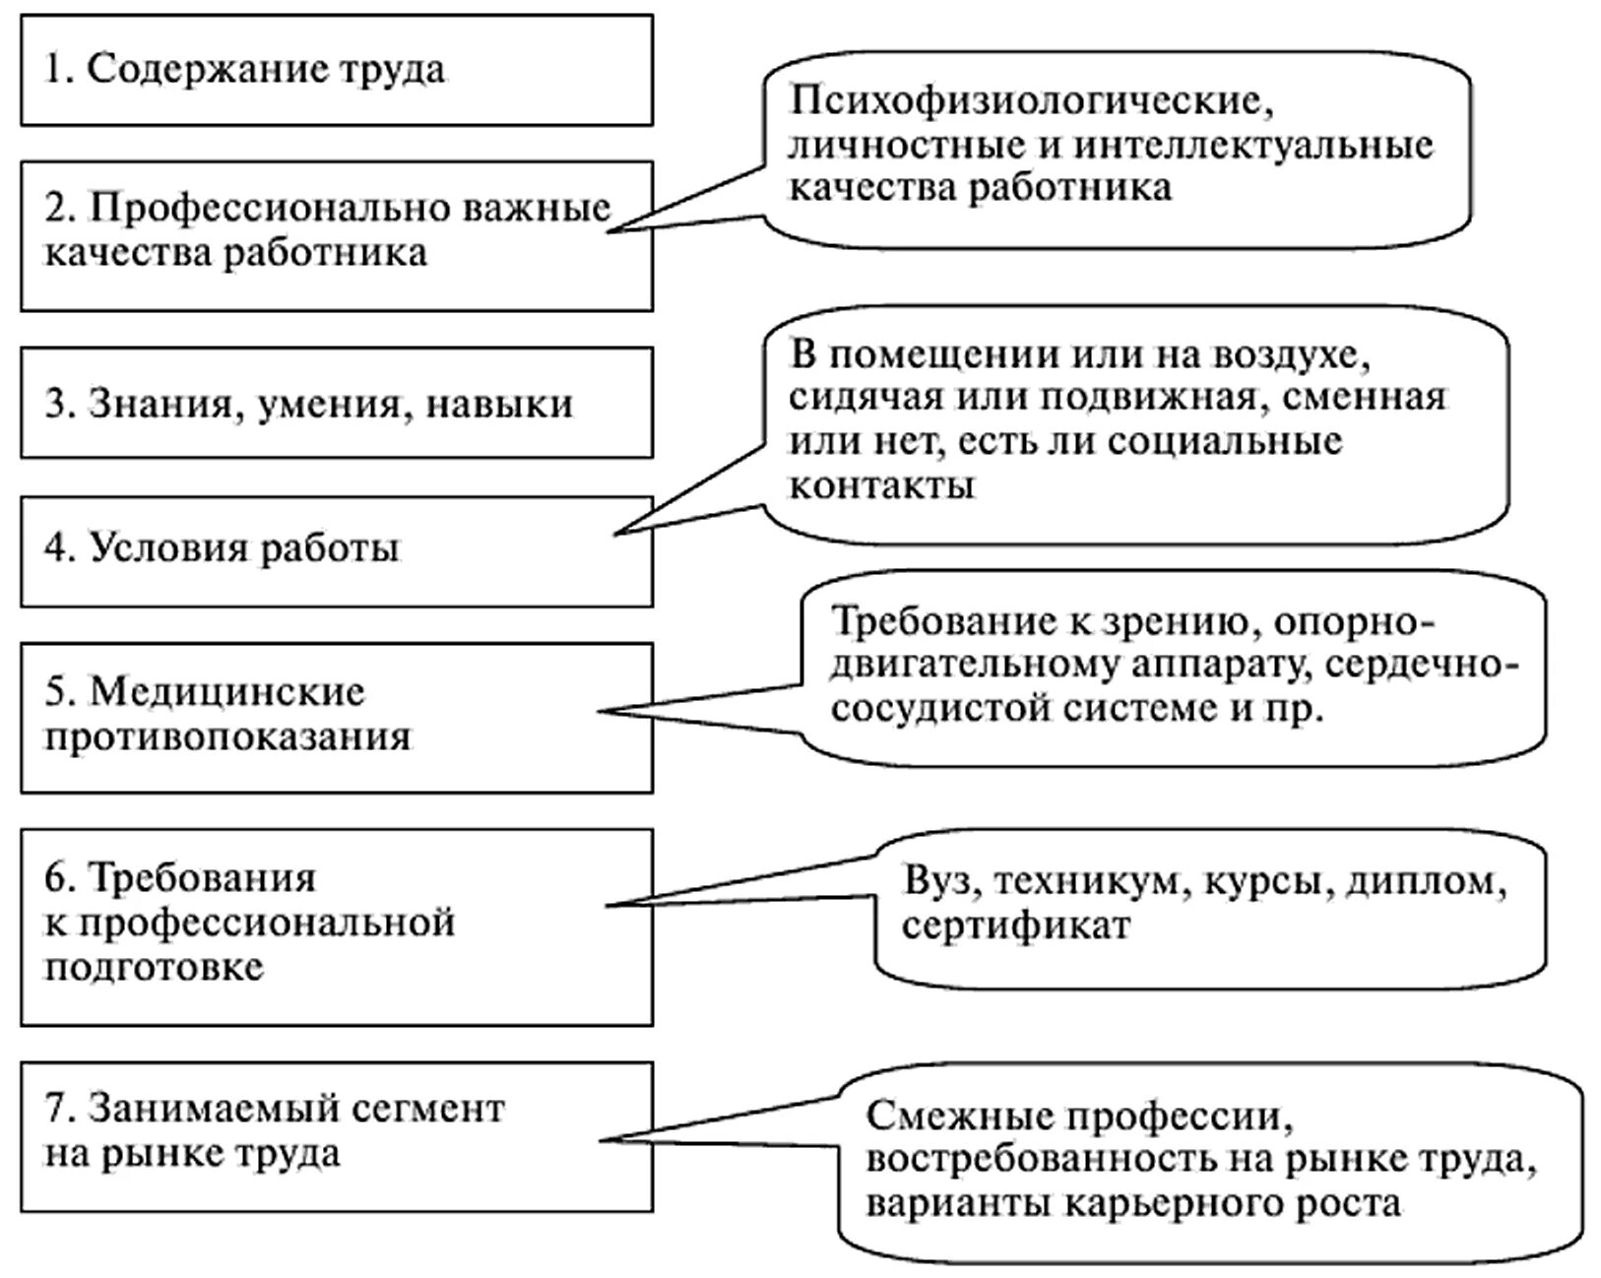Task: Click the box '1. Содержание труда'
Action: click(336, 70)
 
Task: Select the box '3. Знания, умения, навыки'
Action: click(336, 404)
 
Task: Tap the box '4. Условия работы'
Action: click(336, 549)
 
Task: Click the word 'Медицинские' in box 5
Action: click(227, 691)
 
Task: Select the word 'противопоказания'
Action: click(227, 736)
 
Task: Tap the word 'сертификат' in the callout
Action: click(1015, 926)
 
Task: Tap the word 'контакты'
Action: click(882, 485)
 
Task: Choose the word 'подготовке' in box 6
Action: click(154, 967)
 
